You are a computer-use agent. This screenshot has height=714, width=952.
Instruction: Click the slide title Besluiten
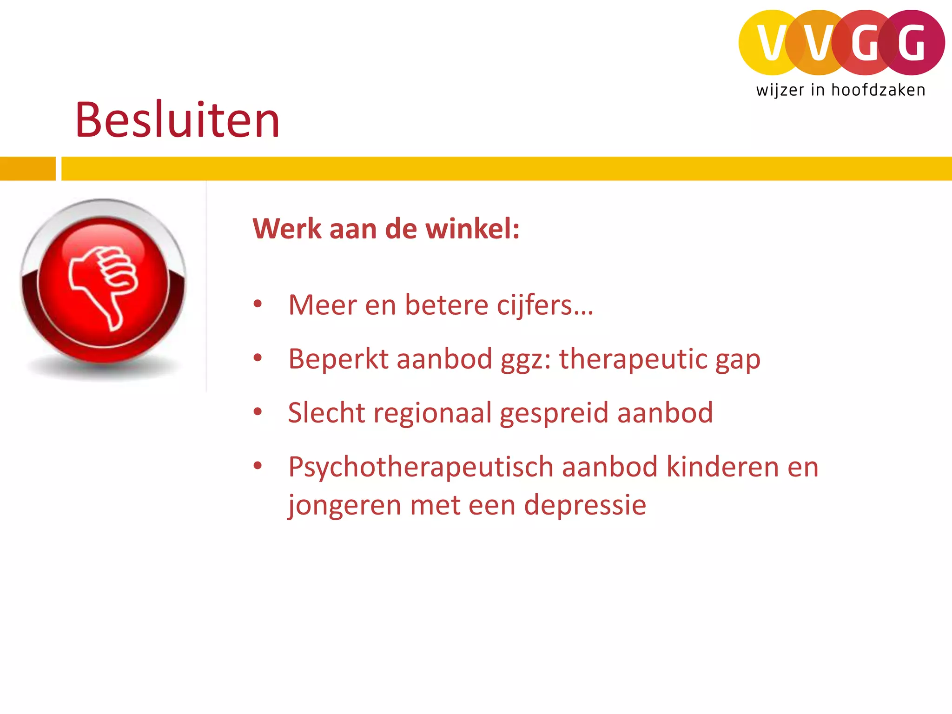[177, 120]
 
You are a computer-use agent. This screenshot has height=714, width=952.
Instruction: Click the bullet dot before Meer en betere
[258, 304]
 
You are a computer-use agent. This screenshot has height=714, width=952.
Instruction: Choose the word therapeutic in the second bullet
[633, 359]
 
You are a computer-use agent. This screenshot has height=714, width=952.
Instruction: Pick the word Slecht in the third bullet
[326, 413]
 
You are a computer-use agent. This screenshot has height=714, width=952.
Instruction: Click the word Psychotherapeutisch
[421, 467]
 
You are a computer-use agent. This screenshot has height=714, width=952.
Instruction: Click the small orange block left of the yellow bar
[27, 169]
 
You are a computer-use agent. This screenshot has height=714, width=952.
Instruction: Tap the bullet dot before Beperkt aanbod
[258, 358]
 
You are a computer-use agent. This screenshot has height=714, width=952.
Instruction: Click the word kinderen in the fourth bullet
[722, 467]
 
